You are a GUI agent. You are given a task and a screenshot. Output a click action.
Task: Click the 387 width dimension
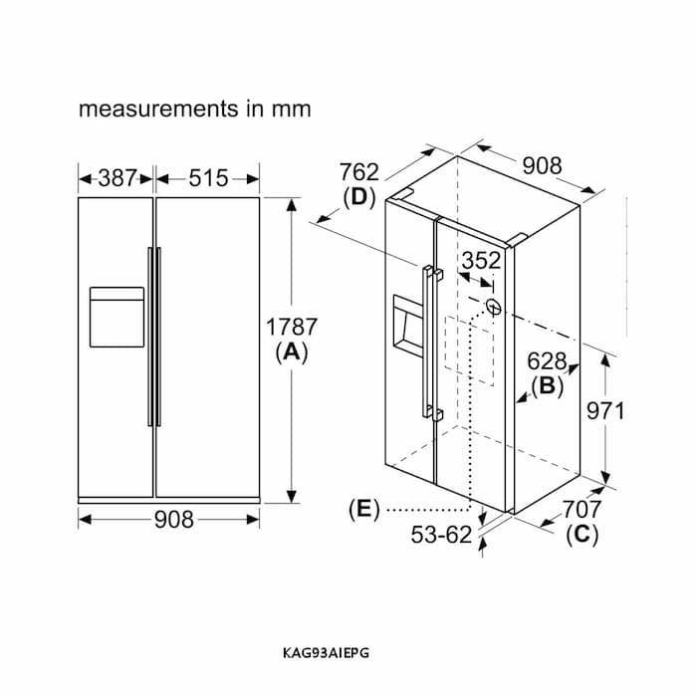pyautogui.click(x=116, y=178)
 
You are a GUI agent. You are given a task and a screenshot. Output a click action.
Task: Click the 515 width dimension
pyautogui.click(x=208, y=178)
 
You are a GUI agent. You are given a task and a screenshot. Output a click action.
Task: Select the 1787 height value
pyautogui.click(x=292, y=327)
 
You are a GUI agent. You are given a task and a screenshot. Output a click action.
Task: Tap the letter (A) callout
pyautogui.click(x=292, y=352)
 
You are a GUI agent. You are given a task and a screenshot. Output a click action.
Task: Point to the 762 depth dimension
pyautogui.click(x=359, y=172)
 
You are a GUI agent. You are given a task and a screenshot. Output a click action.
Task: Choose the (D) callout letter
pyautogui.click(x=359, y=197)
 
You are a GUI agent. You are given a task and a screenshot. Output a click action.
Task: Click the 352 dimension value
pyautogui.click(x=481, y=261)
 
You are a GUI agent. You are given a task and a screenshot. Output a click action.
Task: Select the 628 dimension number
pyautogui.click(x=547, y=361)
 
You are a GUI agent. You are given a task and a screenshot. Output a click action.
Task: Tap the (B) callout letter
pyautogui.click(x=547, y=386)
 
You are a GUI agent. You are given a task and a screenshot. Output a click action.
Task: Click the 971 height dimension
pyautogui.click(x=605, y=411)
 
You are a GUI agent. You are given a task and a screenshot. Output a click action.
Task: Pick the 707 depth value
pyautogui.click(x=582, y=510)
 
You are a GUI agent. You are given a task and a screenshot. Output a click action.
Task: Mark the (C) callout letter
pyautogui.click(x=582, y=535)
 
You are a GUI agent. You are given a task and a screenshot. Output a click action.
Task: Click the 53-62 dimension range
pyautogui.click(x=441, y=535)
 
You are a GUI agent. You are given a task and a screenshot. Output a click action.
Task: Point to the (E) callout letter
pyautogui.click(x=364, y=509)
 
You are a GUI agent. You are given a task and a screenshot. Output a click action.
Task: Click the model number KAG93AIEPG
pyautogui.click(x=326, y=653)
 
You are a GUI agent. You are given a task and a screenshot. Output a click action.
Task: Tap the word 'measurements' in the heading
pyautogui.click(x=158, y=109)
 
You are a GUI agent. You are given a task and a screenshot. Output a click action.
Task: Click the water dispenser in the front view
pyautogui.click(x=116, y=317)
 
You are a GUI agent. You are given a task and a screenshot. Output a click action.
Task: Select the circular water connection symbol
pyautogui.click(x=494, y=307)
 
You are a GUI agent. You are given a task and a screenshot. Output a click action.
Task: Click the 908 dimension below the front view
pyautogui.click(x=174, y=519)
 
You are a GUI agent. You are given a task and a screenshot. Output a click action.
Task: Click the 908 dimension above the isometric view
pyautogui.click(x=542, y=166)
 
